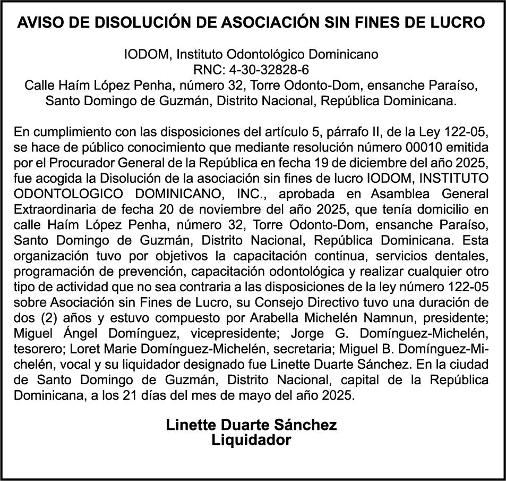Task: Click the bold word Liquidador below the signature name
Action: [251, 441]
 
